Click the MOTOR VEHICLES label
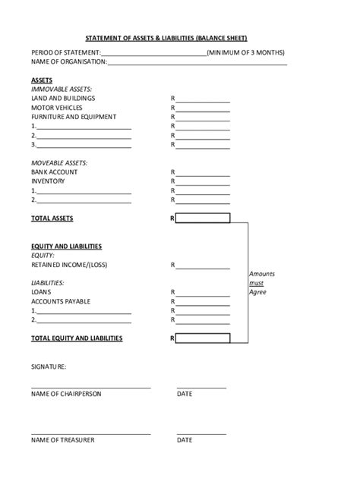[57, 108]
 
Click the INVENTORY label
[48, 181]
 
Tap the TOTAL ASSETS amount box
[203, 219]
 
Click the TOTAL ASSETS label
[52, 219]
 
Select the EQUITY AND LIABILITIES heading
[66, 247]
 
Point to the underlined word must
[257, 283]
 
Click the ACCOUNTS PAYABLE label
[61, 301]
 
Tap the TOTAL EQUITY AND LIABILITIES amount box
[203, 338]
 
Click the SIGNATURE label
[49, 366]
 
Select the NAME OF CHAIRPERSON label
[66, 394]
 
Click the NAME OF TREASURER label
[63, 440]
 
